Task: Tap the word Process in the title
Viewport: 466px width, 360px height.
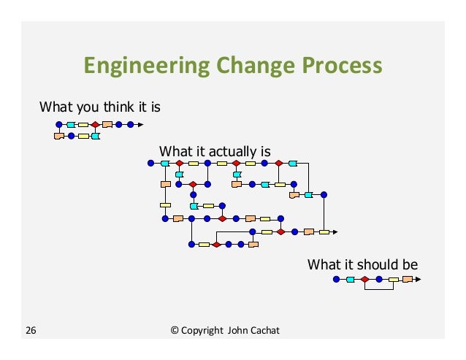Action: click(343, 66)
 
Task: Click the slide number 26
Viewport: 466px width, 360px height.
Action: click(31, 332)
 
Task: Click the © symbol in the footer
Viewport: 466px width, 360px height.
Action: click(174, 332)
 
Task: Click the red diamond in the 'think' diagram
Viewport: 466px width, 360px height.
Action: click(95, 125)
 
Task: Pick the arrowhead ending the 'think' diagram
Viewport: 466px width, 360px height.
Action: click(140, 125)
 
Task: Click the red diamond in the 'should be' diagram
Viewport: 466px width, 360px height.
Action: click(364, 279)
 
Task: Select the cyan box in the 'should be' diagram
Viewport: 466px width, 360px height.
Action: click(351, 279)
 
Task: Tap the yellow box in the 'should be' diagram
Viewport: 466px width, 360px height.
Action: click(394, 279)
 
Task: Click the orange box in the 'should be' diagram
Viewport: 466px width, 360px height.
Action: click(408, 279)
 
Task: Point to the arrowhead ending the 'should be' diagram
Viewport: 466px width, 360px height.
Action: click(420, 279)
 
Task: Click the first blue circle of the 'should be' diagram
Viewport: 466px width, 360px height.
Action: click(336, 279)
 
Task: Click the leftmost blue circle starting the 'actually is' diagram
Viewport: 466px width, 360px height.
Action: click(151, 163)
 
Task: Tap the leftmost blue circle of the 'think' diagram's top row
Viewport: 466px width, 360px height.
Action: click(59, 125)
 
